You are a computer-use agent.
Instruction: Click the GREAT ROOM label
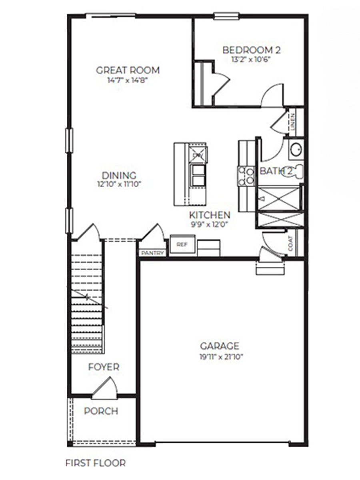click(128, 70)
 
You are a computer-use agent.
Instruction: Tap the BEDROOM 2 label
click(251, 50)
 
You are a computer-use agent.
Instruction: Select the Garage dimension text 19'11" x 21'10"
click(220, 356)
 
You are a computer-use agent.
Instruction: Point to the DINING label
click(119, 176)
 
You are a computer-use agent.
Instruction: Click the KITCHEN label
click(210, 215)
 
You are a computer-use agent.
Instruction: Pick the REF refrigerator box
click(182, 244)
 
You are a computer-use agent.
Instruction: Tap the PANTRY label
click(152, 253)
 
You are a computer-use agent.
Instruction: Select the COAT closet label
click(290, 244)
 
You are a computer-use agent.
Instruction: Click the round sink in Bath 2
click(296, 150)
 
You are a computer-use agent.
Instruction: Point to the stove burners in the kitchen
click(246, 176)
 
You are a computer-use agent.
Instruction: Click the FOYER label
click(104, 367)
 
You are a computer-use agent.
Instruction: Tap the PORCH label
click(101, 411)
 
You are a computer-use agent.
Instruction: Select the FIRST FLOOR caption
click(95, 463)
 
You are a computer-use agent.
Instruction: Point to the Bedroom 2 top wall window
click(226, 16)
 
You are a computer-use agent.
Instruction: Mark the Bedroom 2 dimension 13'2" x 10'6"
click(251, 60)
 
